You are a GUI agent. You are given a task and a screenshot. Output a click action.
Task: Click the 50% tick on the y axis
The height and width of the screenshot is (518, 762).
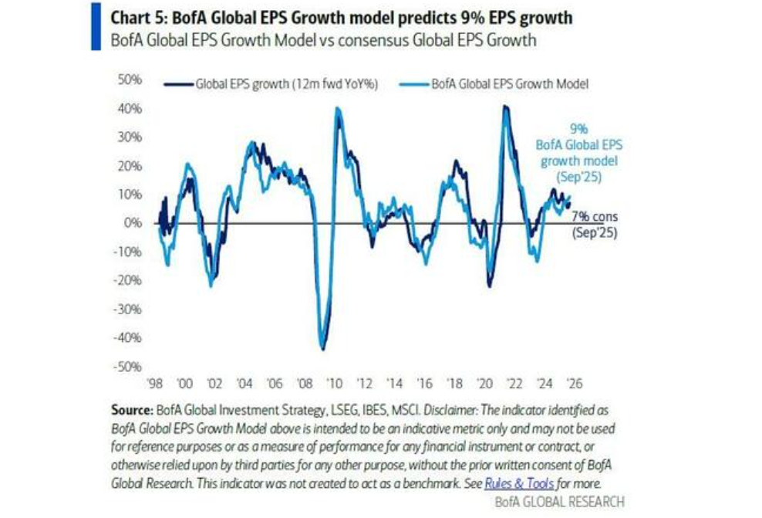pos(128,80)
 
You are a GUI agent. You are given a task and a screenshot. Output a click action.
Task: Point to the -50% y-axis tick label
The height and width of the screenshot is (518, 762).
pos(126,367)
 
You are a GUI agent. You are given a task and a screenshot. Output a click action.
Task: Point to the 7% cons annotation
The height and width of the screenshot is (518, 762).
pos(594,217)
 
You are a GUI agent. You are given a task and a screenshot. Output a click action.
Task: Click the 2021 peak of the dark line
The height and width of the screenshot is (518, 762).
pos(505,107)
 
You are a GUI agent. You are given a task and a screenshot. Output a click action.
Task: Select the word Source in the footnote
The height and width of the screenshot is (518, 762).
pos(133,410)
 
